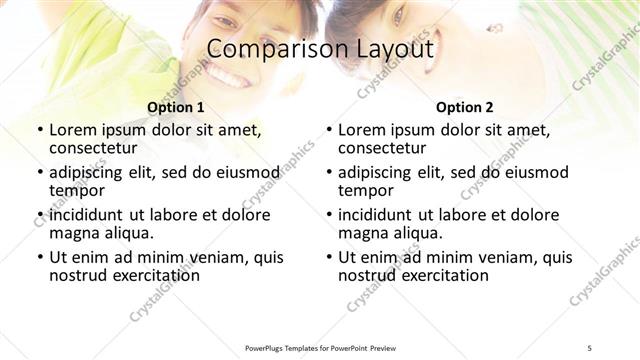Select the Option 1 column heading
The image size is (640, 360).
pyautogui.click(x=175, y=107)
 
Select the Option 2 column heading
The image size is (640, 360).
pyautogui.click(x=464, y=107)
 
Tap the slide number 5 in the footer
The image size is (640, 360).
pyautogui.click(x=590, y=347)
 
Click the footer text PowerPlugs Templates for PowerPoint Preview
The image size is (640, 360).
pyautogui.click(x=319, y=347)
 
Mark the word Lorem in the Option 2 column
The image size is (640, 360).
pyautogui.click(x=360, y=130)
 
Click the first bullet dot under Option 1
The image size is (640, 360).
pyautogui.click(x=39, y=131)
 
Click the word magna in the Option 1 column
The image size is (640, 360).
pyautogui.click(x=73, y=233)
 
